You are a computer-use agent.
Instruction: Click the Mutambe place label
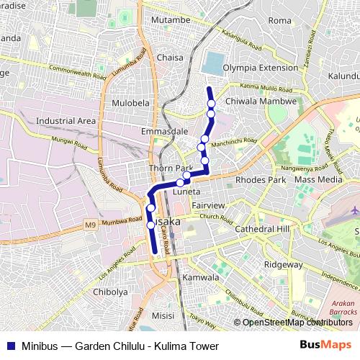click(x=169, y=21)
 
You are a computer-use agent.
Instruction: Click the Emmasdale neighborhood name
click(x=165, y=132)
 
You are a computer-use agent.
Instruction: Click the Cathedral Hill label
click(x=262, y=228)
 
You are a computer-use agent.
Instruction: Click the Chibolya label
click(x=110, y=292)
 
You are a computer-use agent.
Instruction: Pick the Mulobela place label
click(x=130, y=103)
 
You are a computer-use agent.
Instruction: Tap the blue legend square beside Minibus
click(x=8, y=346)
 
